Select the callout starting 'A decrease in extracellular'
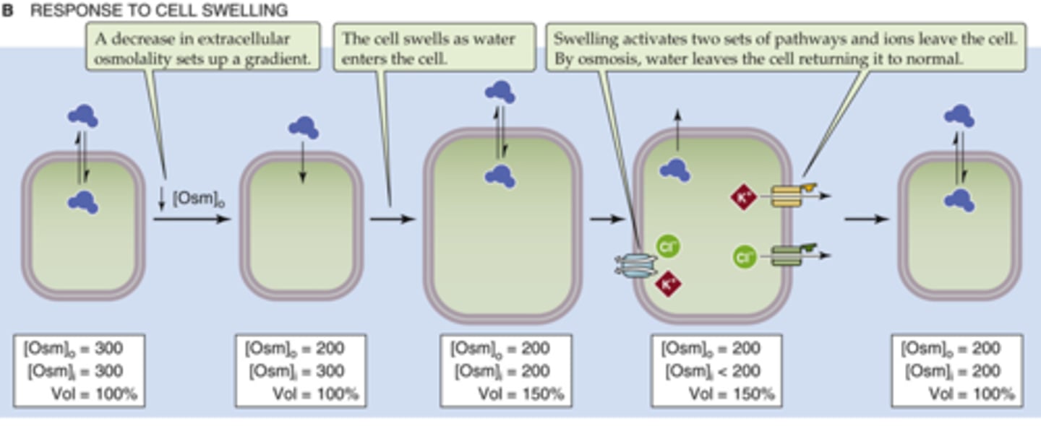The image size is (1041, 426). pos(203,48)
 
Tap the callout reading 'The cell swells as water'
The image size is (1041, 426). pos(434,48)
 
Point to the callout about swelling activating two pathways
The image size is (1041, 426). pos(785,48)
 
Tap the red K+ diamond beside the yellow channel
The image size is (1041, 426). pos(744,196)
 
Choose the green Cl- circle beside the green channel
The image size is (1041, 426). pos(744,256)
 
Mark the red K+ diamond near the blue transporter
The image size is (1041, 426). pos(668,284)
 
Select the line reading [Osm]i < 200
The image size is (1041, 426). pos(716,371)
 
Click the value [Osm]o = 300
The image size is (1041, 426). pos(73,349)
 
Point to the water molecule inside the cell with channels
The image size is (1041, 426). pos(674,170)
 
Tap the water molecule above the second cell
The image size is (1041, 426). pos(304,128)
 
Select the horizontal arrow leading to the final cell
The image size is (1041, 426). pos(866,218)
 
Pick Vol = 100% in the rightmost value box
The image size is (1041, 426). pos(971,394)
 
